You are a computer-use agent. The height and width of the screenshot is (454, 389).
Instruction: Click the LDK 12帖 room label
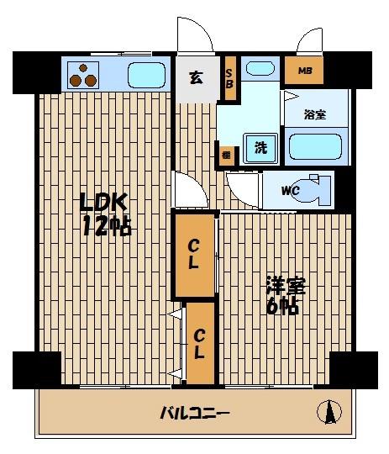(104, 214)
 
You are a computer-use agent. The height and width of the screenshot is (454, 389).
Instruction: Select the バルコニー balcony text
(195, 414)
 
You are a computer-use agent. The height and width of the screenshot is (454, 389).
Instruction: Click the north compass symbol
(329, 413)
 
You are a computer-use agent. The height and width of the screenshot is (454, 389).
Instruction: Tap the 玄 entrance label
(195, 78)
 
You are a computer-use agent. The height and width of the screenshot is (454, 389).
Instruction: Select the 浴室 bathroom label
(315, 114)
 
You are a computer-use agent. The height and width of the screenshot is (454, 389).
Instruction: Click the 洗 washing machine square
(260, 149)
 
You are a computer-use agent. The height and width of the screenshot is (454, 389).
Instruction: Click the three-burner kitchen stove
(81, 74)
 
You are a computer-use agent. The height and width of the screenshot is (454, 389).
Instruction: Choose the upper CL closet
(194, 255)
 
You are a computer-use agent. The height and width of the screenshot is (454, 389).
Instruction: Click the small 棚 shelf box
(226, 154)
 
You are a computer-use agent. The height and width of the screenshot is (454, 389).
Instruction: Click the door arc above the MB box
(308, 40)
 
